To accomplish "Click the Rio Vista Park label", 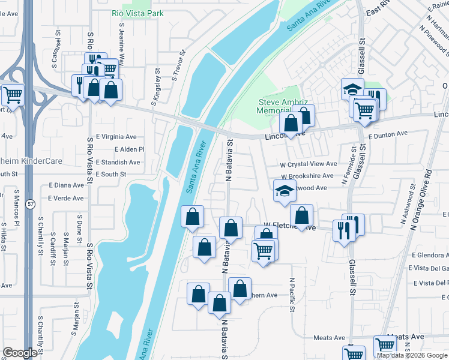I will (137, 13).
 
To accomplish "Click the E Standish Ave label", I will (118, 162).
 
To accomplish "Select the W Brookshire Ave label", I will (307, 176).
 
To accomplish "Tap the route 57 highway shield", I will (29, 205).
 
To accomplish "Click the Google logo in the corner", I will (20, 353).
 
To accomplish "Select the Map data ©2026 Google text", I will (412, 356).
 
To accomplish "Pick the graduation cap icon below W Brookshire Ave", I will (285, 191).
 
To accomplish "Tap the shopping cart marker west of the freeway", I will (12, 94).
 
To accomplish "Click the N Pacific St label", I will (292, 295).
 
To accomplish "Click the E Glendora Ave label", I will (428, 255).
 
